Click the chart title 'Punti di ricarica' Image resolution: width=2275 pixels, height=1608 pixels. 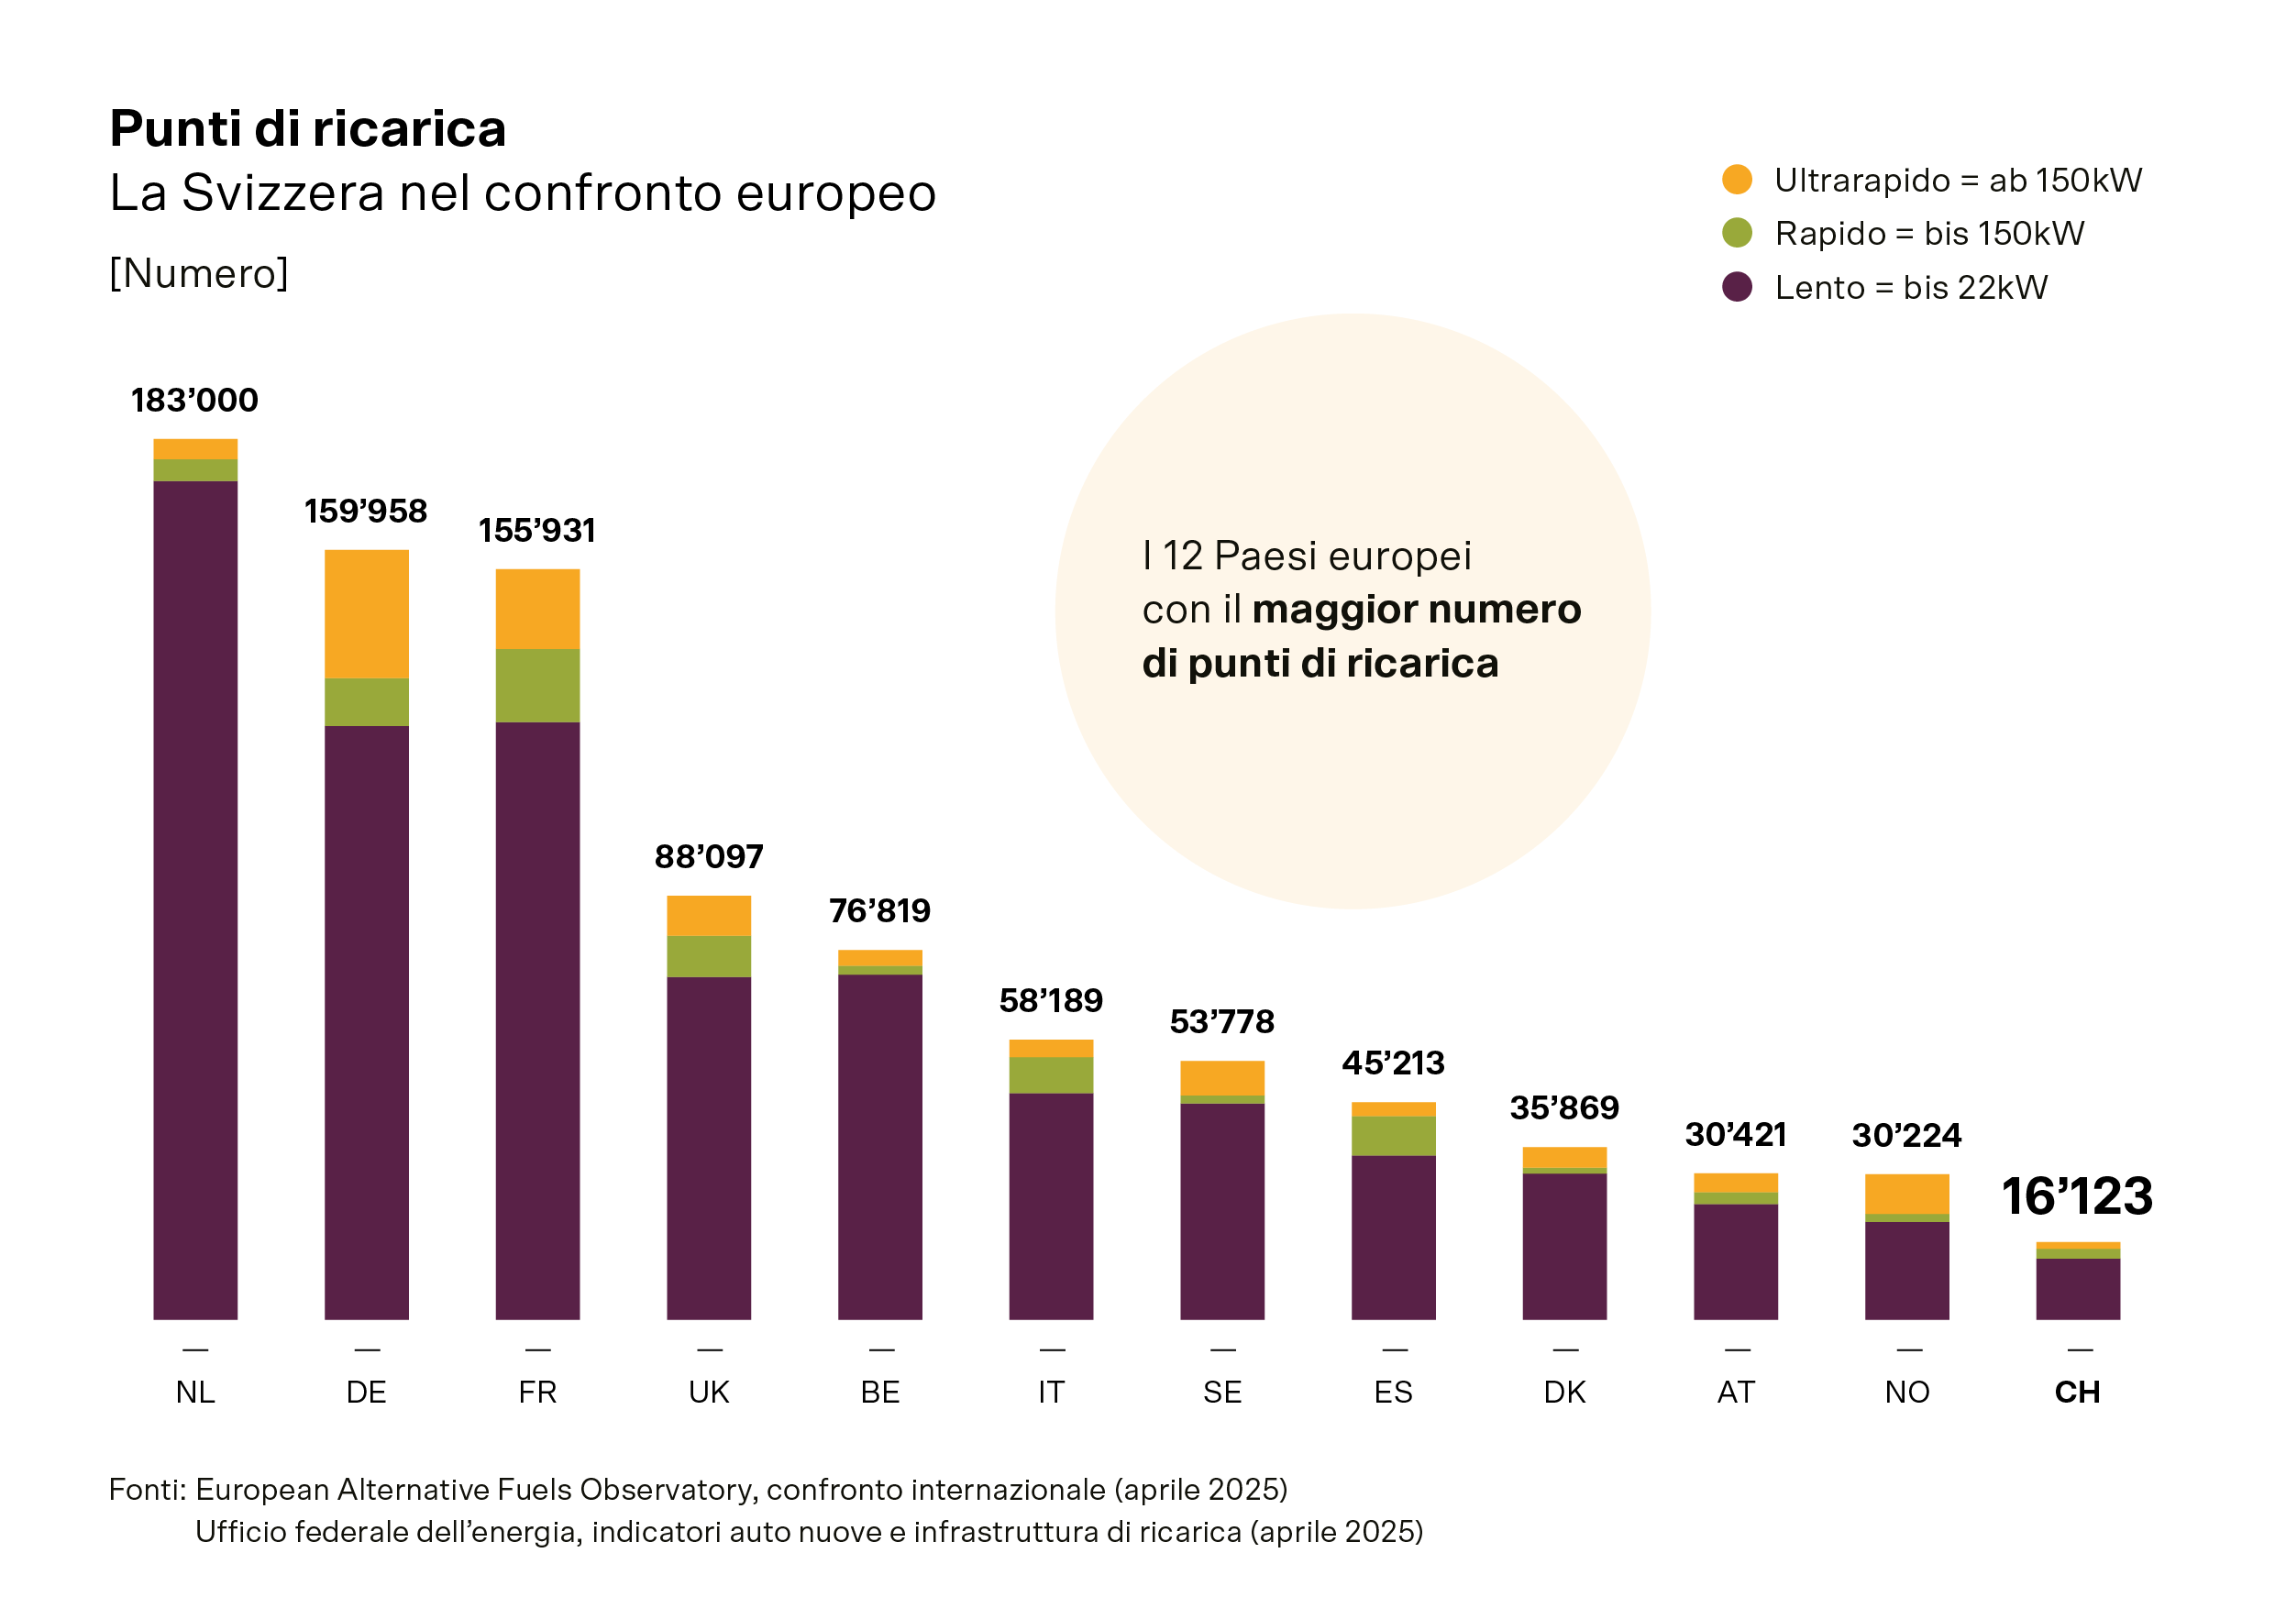point(307,128)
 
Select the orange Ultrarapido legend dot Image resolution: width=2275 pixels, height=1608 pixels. point(1737,180)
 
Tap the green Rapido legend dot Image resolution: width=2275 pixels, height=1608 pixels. point(1737,233)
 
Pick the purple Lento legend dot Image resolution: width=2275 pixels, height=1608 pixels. point(1737,287)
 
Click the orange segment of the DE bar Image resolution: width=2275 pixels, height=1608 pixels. point(367,614)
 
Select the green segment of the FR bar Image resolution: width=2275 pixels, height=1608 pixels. point(537,686)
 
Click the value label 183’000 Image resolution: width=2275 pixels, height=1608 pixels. point(194,401)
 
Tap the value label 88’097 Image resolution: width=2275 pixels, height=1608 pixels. point(709,857)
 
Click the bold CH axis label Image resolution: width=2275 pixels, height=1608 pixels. point(2077,1392)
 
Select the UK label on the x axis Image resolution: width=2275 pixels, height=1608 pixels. point(709,1392)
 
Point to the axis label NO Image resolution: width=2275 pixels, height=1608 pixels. point(1906,1392)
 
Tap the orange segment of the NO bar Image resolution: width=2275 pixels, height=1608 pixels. point(1906,1194)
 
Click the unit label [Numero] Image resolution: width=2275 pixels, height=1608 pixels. point(198,273)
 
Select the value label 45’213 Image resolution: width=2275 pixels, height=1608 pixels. point(1393,1063)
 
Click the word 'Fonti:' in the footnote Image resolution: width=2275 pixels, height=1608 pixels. point(148,1489)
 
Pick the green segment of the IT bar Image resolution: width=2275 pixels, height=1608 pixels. point(1050,1075)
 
